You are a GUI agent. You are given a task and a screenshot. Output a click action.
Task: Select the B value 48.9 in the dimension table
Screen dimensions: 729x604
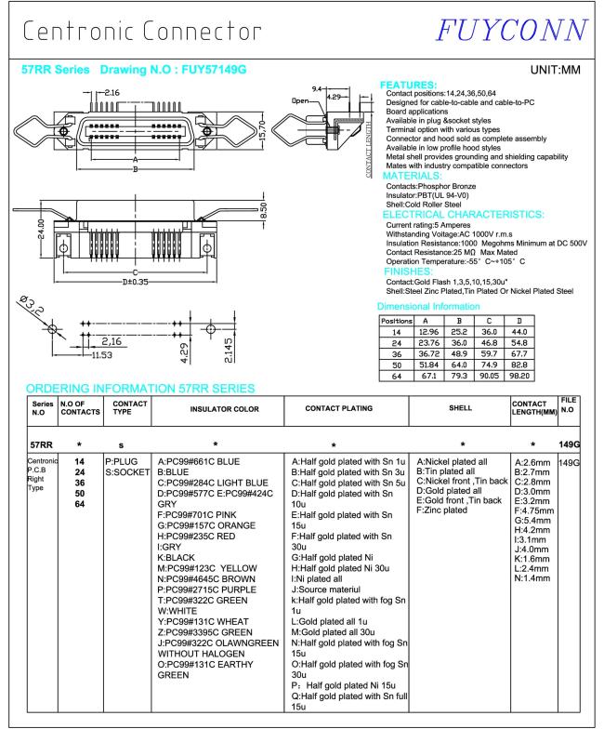pyautogui.click(x=481, y=354)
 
